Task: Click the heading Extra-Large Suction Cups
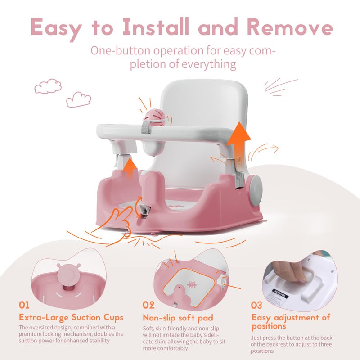pos(71,317)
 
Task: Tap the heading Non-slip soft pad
pos(178,317)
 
